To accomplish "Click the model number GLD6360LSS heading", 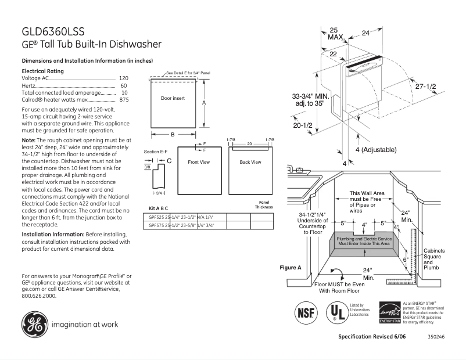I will [57, 31].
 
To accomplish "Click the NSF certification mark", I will [306, 312].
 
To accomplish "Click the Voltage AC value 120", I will [123, 78].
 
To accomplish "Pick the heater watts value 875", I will [123, 100].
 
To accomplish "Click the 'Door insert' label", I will [173, 98].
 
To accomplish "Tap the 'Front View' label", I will [199, 162].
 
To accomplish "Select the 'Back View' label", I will [250, 162].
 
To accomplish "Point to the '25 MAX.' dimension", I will [334, 33].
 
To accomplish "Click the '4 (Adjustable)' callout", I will [374, 150].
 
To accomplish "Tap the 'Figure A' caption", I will [291, 268].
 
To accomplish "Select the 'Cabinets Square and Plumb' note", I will [434, 259].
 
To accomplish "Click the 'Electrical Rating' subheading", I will [42, 71].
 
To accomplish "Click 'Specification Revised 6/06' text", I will [371, 337].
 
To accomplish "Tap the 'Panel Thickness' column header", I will [263, 204].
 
